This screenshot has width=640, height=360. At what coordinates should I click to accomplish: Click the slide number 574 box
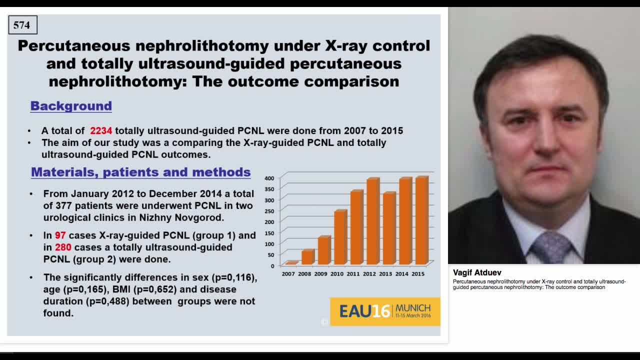[22, 25]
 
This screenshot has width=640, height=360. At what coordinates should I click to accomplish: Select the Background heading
[71, 106]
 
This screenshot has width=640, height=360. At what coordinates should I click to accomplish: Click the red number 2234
[101, 131]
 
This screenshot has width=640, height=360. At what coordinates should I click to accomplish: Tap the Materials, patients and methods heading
[140, 172]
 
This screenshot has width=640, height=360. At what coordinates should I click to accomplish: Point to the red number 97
[60, 235]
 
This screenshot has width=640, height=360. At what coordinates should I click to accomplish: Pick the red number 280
[63, 247]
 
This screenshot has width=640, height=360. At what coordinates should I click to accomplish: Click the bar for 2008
[308, 257]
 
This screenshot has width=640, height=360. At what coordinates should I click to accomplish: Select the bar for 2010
[340, 237]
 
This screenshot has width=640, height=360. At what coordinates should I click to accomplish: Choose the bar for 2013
[388, 228]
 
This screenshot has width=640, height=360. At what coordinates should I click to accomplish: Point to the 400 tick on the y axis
[269, 178]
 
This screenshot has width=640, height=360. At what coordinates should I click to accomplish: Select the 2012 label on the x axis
[369, 274]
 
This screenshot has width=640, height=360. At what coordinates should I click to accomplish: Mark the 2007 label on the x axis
[288, 274]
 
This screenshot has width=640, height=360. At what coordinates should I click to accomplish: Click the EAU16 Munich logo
[385, 311]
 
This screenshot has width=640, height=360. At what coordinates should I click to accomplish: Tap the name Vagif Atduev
[477, 272]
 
